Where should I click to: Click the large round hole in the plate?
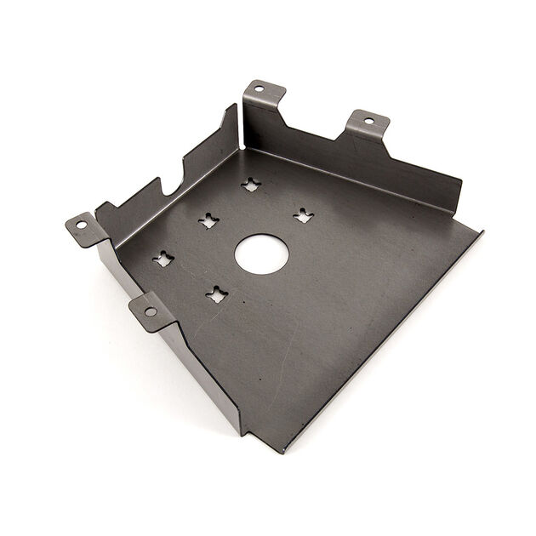pyautogui.click(x=261, y=254)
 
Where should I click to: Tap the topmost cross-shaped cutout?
pyautogui.click(x=250, y=184)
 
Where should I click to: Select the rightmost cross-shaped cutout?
pyautogui.click(x=303, y=215)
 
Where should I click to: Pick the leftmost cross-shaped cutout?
pyautogui.click(x=163, y=258)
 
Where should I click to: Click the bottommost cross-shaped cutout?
pyautogui.click(x=216, y=294)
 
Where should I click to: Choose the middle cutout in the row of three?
pyautogui.click(x=208, y=221)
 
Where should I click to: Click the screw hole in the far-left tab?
pyautogui.click(x=82, y=225)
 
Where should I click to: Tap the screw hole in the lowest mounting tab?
pyautogui.click(x=150, y=311)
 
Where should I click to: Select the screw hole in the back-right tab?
pyautogui.click(x=368, y=121)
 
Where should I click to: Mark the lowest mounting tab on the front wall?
pyautogui.click(x=151, y=311)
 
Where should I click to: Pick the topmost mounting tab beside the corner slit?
pyautogui.click(x=265, y=91)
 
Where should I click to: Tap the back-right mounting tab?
pyautogui.click(x=368, y=124)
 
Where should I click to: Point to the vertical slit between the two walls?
pyautogui.click(x=240, y=128)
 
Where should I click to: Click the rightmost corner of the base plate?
pyautogui.click(x=481, y=231)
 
